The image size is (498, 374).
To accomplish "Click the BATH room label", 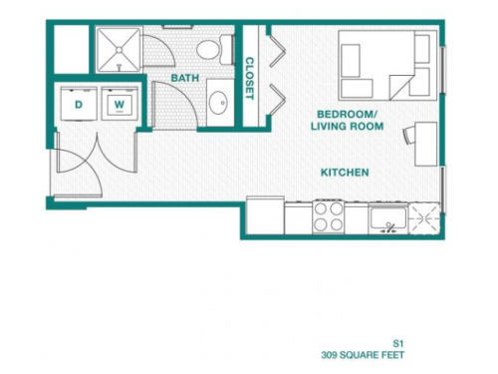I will tap(183, 77).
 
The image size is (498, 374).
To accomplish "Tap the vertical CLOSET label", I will tap(249, 78).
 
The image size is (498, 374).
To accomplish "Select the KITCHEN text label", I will tap(345, 173).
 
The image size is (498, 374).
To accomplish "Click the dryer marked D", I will tap(77, 104).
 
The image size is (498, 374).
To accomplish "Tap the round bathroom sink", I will tap(219, 103).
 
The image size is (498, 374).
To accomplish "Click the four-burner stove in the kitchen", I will tap(329, 215).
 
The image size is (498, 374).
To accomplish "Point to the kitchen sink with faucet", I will tap(384, 217).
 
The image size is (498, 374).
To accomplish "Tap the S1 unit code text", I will tap(397, 341).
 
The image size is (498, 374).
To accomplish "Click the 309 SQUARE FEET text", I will tap(364, 354).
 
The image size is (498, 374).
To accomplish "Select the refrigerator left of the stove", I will tap(265, 214).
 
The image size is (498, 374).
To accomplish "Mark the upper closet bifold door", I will tap(275, 50).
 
